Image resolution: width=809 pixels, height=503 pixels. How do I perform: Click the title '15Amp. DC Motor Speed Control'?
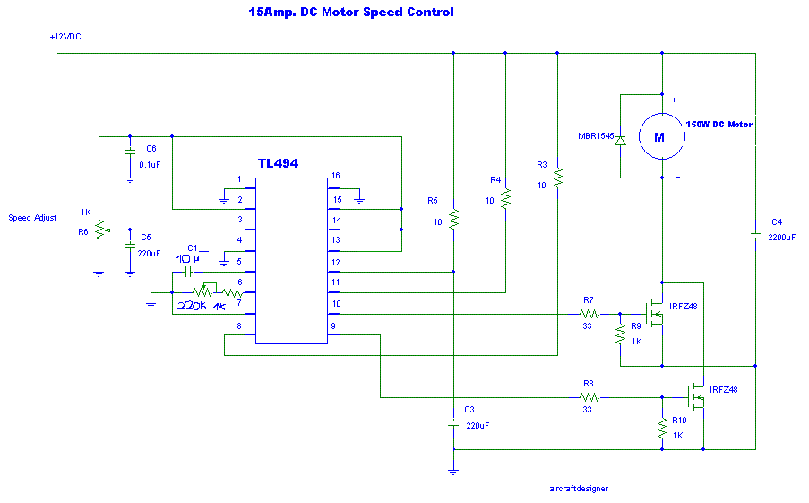point(351,12)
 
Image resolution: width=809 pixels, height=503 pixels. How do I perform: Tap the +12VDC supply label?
point(65,37)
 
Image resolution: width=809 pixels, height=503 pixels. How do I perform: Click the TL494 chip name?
point(278,163)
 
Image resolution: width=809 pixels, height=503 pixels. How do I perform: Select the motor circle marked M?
point(661,136)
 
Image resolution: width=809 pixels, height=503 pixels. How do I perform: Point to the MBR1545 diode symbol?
point(620,140)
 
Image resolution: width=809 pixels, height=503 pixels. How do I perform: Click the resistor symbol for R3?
point(558,178)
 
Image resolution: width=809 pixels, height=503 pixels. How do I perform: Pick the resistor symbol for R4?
point(505,199)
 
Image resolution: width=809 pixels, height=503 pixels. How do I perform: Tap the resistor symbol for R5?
point(453,220)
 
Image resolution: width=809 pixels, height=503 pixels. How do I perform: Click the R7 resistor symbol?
point(589,314)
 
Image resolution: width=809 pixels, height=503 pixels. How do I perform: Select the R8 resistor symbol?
point(589,397)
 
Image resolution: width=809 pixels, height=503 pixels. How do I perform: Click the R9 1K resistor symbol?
point(620,334)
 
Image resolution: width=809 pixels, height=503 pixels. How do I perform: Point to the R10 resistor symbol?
point(662,429)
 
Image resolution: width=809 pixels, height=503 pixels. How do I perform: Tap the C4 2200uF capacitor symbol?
point(755,236)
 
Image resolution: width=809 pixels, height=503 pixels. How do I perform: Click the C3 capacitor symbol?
point(453,423)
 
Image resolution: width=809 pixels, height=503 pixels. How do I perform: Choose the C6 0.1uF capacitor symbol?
point(130,152)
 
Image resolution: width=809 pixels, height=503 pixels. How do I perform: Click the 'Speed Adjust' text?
point(32,218)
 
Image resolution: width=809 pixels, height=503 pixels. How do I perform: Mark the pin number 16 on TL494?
point(336,176)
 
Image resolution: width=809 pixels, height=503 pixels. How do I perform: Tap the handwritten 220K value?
point(192,306)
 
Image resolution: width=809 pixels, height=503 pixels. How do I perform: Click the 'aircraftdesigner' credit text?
point(579,489)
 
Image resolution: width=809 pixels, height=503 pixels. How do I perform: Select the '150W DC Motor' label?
point(719,125)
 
